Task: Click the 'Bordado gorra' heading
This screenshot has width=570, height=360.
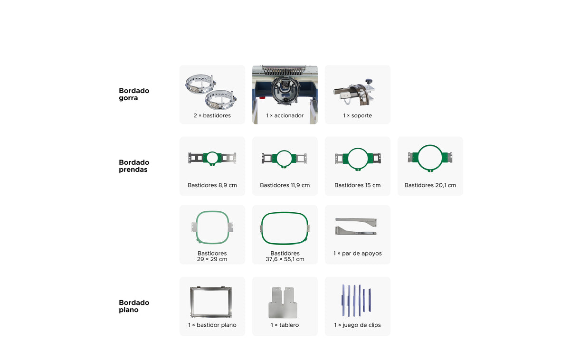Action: [x=134, y=94]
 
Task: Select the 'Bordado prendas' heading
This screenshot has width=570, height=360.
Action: [x=134, y=166]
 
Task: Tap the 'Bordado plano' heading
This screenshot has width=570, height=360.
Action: [x=134, y=306]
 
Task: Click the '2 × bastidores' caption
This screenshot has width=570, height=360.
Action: [x=212, y=115]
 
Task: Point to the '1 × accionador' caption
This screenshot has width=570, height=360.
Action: [x=285, y=115]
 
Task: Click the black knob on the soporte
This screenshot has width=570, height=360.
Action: [x=369, y=81]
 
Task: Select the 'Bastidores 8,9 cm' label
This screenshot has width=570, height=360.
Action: [x=212, y=185]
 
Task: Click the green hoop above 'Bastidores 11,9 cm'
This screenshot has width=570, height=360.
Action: [x=276, y=158]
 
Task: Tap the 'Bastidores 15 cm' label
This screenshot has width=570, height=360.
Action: [x=357, y=185]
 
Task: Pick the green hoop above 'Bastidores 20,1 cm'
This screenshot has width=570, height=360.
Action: [x=418, y=158]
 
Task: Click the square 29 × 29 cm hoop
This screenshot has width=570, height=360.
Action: [x=197, y=227]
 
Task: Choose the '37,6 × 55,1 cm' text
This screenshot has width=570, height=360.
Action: [x=285, y=259]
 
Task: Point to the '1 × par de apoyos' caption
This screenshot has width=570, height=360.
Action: [x=357, y=254]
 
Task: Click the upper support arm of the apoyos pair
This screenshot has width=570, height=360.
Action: [x=356, y=220]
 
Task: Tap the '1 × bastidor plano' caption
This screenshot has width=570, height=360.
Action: [x=212, y=325]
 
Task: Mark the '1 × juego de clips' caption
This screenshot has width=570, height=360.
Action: [x=357, y=325]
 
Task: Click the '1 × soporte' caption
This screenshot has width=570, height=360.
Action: [x=357, y=115]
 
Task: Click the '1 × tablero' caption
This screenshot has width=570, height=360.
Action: [x=285, y=325]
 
